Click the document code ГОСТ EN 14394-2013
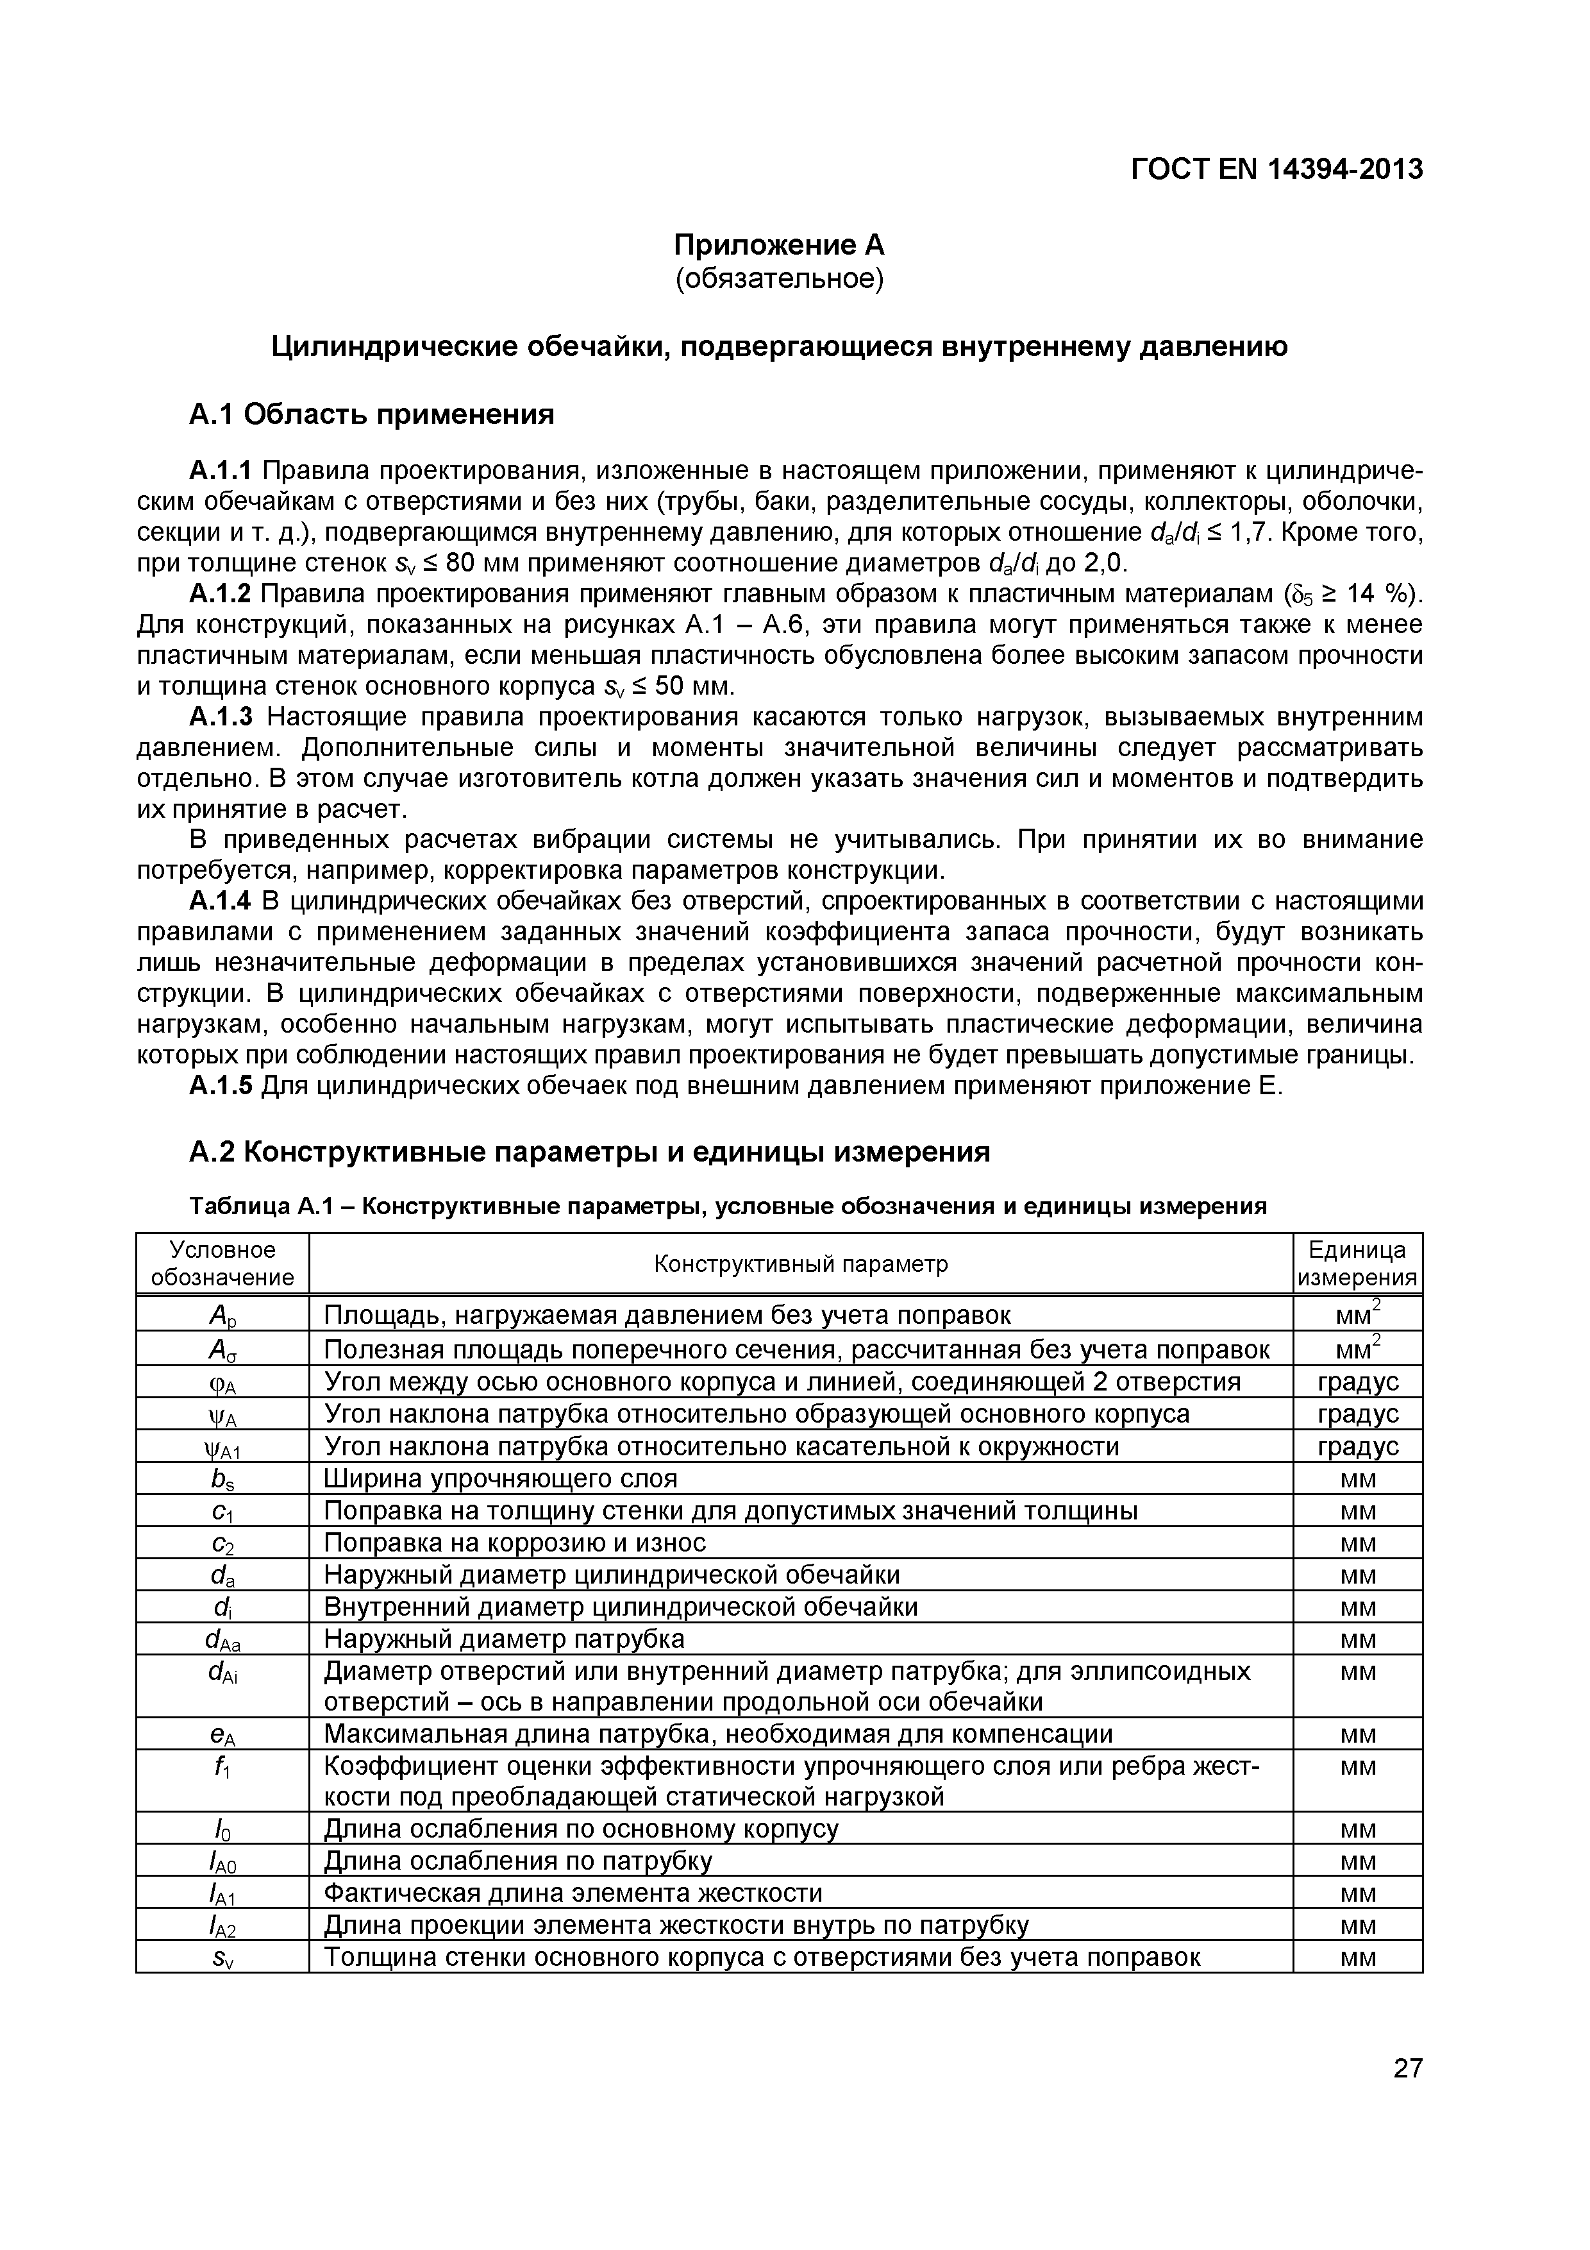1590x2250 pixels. pyautogui.click(x=1276, y=169)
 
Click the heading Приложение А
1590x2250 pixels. pyautogui.click(x=779, y=244)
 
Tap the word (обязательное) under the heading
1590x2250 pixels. pyautogui.click(x=779, y=279)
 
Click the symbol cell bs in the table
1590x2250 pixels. pyautogui.click(x=222, y=1479)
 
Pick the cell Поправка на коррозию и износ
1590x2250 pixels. pyautogui.click(x=514, y=1543)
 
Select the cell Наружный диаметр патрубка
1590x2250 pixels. pyautogui.click(x=503, y=1639)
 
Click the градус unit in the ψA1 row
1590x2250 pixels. pyautogui.click(x=1357, y=1446)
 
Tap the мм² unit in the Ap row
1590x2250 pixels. pyautogui.click(x=1357, y=1314)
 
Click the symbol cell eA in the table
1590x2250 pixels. pyautogui.click(x=222, y=1734)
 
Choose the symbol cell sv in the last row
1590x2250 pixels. pyautogui.click(x=222, y=1958)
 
